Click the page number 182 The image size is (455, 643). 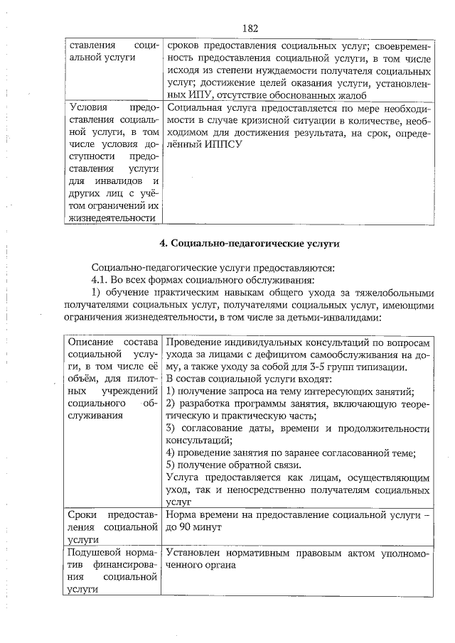point(249,28)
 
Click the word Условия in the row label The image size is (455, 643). point(89,107)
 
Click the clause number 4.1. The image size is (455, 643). point(103,281)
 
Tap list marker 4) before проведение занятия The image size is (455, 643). point(171,453)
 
